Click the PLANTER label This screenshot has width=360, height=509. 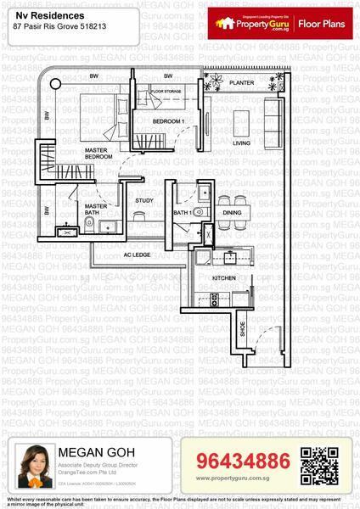point(242,83)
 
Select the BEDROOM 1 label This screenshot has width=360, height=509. point(168,122)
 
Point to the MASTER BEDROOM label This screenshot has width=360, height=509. point(100,154)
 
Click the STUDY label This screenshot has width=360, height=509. point(144,200)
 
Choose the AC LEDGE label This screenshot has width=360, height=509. point(138,255)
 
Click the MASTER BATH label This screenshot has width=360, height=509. point(95,209)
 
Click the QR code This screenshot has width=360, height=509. point(314,463)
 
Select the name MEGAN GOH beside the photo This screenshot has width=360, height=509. point(91,451)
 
